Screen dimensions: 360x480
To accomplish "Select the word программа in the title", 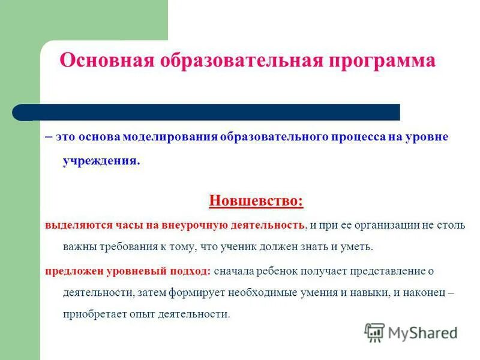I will (x=382, y=61).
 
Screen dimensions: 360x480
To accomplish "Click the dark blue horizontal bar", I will (x=206, y=112).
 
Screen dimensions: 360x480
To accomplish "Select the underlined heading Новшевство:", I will (x=256, y=200).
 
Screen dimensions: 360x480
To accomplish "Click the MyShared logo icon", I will (x=374, y=332).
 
